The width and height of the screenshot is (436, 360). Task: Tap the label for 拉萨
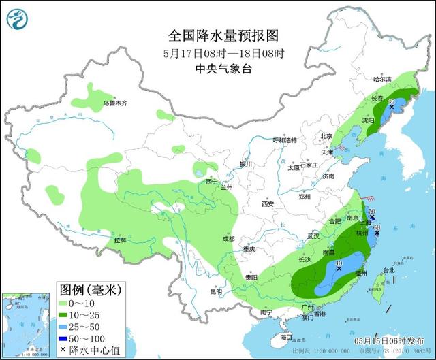121,240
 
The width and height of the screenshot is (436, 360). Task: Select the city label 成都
227,239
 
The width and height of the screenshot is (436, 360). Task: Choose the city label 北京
326,136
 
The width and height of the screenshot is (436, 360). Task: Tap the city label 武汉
313,235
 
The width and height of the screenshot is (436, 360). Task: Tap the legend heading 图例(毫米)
89,290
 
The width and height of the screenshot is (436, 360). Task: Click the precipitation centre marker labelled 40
339,268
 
